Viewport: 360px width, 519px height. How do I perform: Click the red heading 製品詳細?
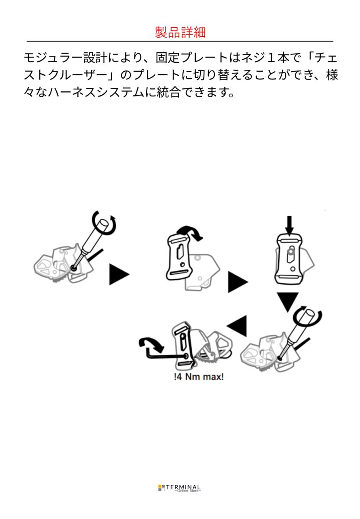pos(180,32)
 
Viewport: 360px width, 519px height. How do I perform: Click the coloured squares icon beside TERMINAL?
pos(162,488)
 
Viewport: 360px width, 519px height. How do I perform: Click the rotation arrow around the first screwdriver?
pos(106,223)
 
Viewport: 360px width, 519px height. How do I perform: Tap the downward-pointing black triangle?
pos(287,301)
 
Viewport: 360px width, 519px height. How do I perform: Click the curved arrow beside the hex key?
pos(151,344)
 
